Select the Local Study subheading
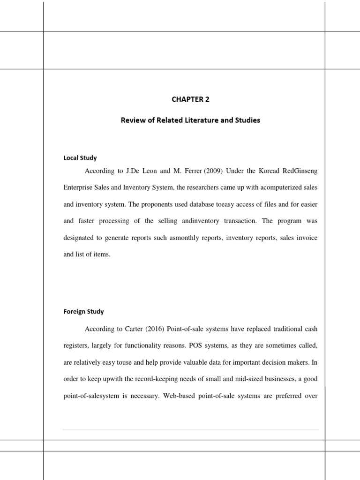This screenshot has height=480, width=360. pos(80,158)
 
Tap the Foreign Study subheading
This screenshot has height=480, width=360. pos(84,311)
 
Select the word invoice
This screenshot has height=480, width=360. pos(305,238)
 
